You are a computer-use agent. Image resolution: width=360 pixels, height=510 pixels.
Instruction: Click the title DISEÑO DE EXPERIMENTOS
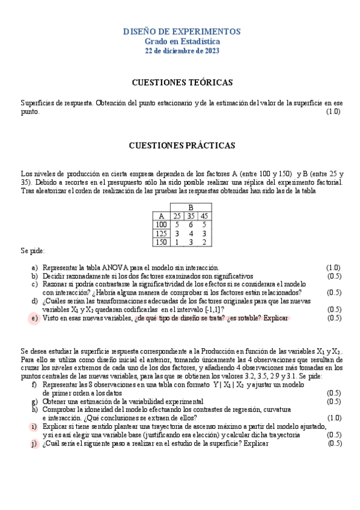(182, 31)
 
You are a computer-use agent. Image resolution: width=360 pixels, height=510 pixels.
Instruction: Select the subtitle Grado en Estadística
(182, 41)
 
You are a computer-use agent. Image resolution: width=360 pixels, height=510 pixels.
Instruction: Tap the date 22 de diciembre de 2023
(182, 51)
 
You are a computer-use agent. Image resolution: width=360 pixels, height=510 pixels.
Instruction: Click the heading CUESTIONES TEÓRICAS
(182, 82)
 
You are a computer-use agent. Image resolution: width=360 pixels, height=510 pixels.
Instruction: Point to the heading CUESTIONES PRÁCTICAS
(182, 146)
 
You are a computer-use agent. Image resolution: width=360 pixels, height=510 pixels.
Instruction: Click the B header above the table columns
(191, 207)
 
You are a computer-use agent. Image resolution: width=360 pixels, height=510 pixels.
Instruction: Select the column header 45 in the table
(205, 216)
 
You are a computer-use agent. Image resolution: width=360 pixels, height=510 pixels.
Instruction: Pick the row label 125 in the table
(161, 233)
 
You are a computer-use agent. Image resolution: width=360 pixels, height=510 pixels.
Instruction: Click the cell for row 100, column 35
(191, 224)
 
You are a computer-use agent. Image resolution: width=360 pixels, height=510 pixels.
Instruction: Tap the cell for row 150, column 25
(177, 242)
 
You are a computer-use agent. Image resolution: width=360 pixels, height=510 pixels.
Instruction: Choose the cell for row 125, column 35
(191, 233)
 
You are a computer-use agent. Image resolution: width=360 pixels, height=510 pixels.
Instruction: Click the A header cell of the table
(161, 216)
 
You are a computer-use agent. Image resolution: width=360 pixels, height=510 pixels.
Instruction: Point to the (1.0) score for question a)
(333, 267)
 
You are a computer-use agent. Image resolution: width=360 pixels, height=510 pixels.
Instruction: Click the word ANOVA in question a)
(107, 267)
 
